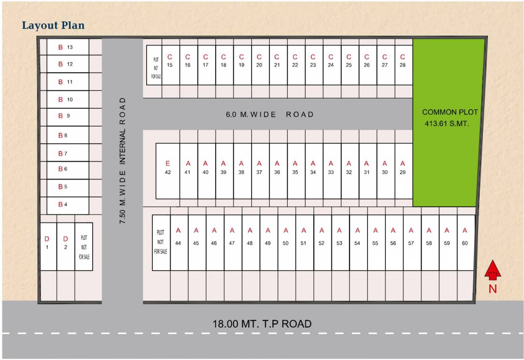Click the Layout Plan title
pos(53,25)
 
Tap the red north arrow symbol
pos(493,272)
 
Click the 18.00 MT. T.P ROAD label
pos(262,323)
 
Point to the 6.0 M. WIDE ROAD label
pos(269,114)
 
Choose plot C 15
pos(170,65)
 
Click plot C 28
pos(403,65)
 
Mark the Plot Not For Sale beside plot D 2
pos(84,247)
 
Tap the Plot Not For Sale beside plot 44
pos(161,242)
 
